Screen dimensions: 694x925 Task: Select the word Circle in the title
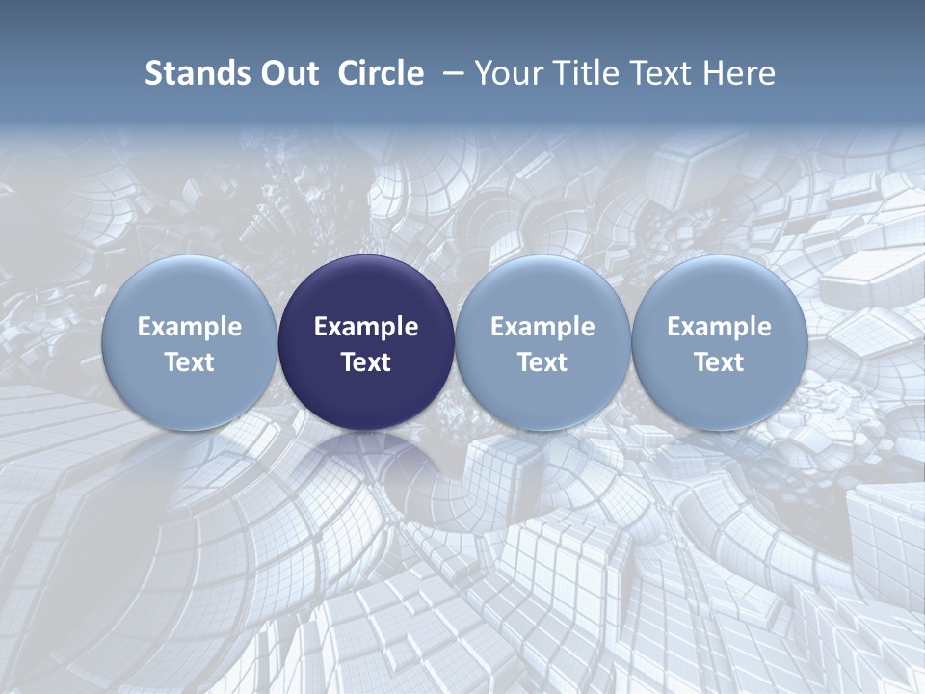click(381, 73)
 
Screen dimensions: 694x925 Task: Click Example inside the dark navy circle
click(366, 327)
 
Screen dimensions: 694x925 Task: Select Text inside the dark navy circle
click(366, 362)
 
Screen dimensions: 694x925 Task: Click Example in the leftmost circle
click(190, 327)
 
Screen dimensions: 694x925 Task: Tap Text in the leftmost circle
click(190, 362)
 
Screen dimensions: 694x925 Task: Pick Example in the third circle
click(542, 327)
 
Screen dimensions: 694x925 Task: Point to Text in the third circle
click(542, 362)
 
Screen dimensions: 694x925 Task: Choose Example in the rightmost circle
click(719, 327)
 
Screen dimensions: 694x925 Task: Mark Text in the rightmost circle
click(719, 362)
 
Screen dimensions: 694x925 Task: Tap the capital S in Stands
click(153, 73)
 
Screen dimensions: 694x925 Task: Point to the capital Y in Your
click(483, 73)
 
